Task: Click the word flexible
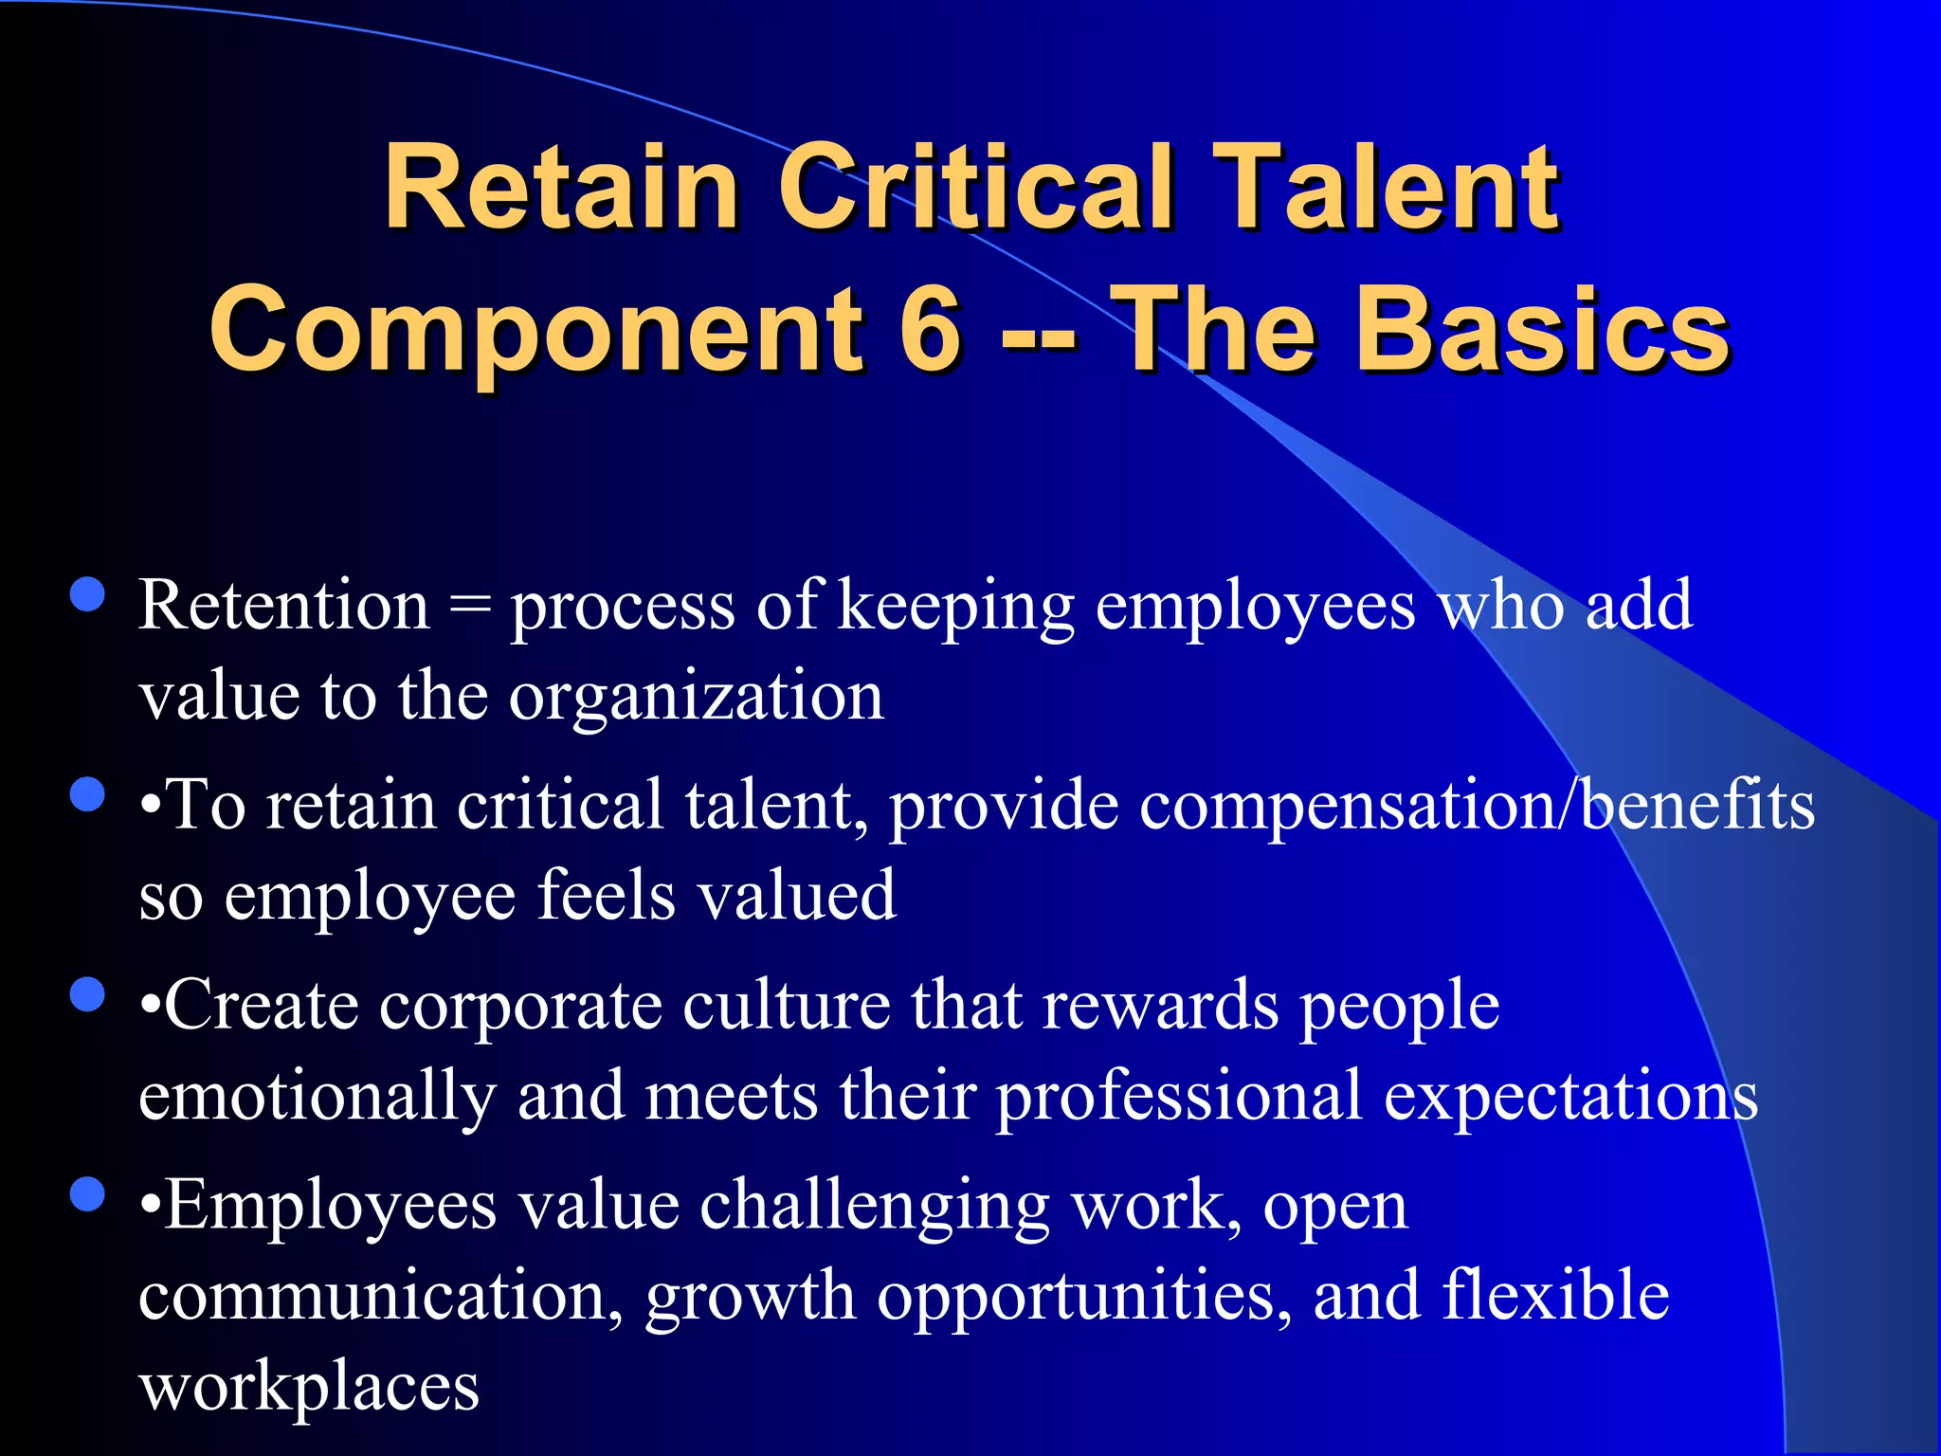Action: pos(1555,1296)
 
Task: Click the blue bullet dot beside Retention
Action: pos(88,596)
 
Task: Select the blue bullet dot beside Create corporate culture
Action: pos(88,995)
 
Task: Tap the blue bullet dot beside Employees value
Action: pos(88,1195)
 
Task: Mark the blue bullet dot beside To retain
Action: pos(88,795)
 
